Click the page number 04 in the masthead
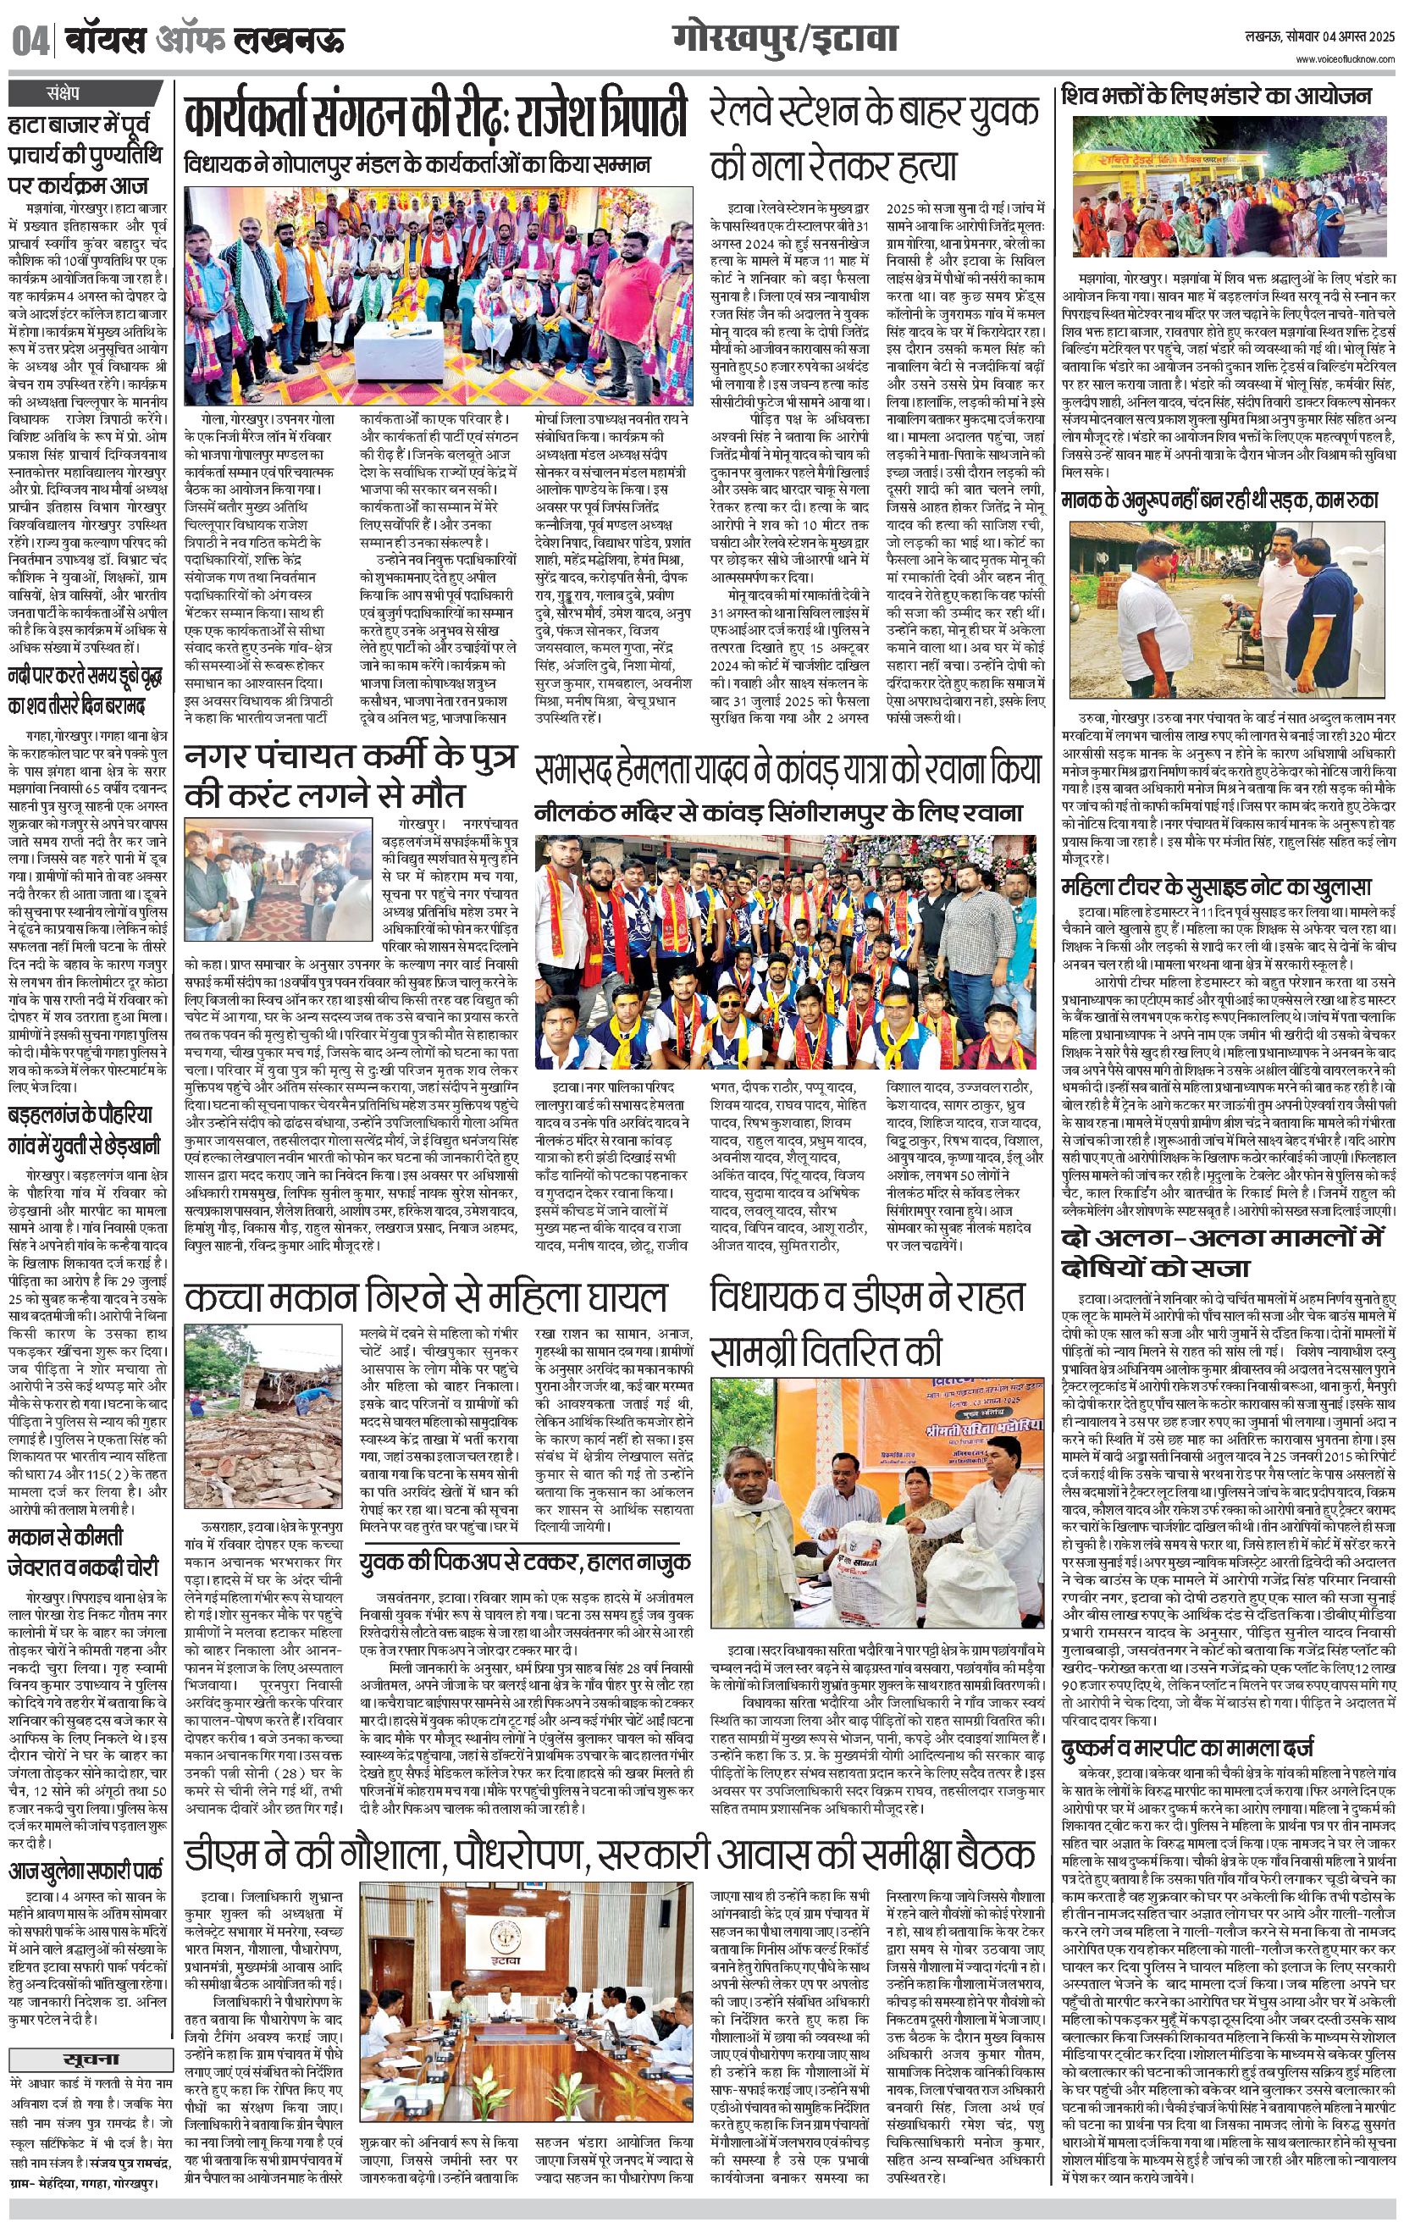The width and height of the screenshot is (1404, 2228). pos(30,42)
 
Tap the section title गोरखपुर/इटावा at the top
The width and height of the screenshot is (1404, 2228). pos(786,40)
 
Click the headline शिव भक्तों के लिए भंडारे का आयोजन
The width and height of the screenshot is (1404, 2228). pos(1216,97)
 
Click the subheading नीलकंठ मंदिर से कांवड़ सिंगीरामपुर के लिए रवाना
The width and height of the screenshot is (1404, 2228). pos(777,813)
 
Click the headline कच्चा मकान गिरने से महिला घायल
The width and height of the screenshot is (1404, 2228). pos(425,1297)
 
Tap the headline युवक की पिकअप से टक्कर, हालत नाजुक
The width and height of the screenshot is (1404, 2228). pos(526,1561)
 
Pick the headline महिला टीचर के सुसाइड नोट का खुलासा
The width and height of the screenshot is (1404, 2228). pos(1216,887)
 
